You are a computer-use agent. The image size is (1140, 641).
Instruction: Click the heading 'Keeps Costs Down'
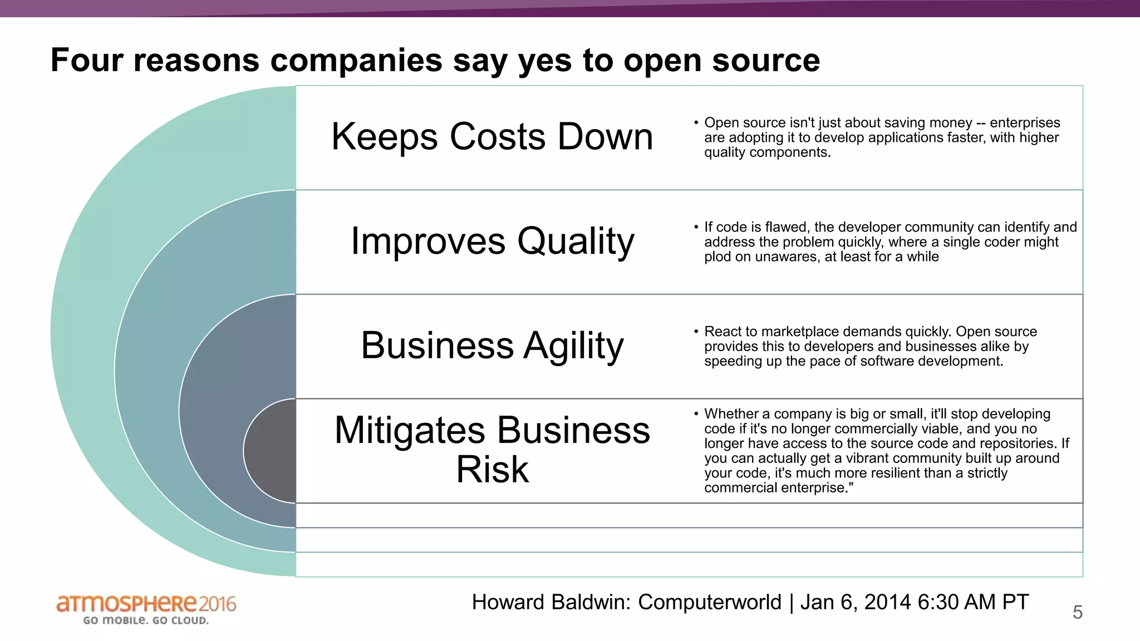point(492,137)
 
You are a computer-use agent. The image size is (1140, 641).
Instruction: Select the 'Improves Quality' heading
point(492,241)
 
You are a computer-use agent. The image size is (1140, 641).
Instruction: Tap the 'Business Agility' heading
point(492,346)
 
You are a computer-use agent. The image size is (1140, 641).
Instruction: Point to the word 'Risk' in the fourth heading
point(492,470)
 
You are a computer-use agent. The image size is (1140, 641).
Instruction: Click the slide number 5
point(1078,613)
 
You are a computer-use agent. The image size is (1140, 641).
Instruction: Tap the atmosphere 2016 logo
point(146,604)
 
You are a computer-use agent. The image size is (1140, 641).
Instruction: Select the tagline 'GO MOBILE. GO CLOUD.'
point(146,620)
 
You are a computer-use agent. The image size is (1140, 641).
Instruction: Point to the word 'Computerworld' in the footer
point(710,603)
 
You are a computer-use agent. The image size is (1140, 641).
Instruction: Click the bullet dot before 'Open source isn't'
point(696,122)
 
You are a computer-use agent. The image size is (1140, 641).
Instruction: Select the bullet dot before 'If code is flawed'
point(696,227)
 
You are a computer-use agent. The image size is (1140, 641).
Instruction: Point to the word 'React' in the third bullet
point(723,332)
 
